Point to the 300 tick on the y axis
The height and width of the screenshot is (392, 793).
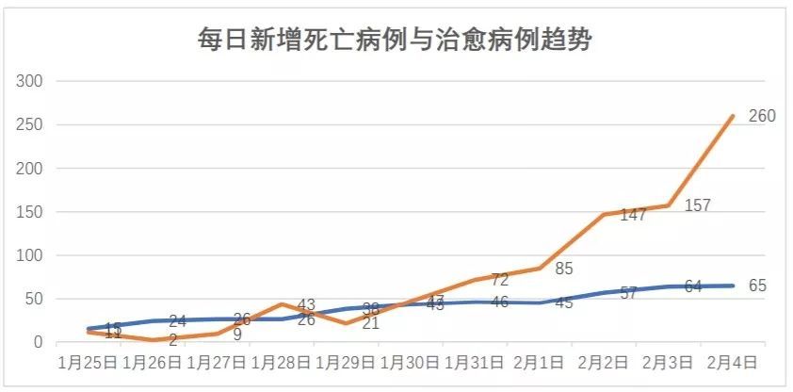32,81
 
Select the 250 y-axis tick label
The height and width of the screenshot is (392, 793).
32,124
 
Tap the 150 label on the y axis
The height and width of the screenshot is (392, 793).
32,212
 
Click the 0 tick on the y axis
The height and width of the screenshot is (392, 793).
40,343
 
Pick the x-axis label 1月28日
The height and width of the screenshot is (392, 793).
281,362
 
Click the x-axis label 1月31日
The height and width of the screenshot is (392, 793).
474,362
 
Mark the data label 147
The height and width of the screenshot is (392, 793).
632,215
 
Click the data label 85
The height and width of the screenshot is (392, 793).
564,268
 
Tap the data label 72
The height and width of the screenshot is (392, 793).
499,280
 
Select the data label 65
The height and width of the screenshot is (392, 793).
758,285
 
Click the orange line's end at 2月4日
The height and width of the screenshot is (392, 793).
734,116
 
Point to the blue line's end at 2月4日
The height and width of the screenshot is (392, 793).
734,286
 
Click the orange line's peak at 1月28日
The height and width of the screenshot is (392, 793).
282,304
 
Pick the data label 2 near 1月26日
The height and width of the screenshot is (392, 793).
173,339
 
